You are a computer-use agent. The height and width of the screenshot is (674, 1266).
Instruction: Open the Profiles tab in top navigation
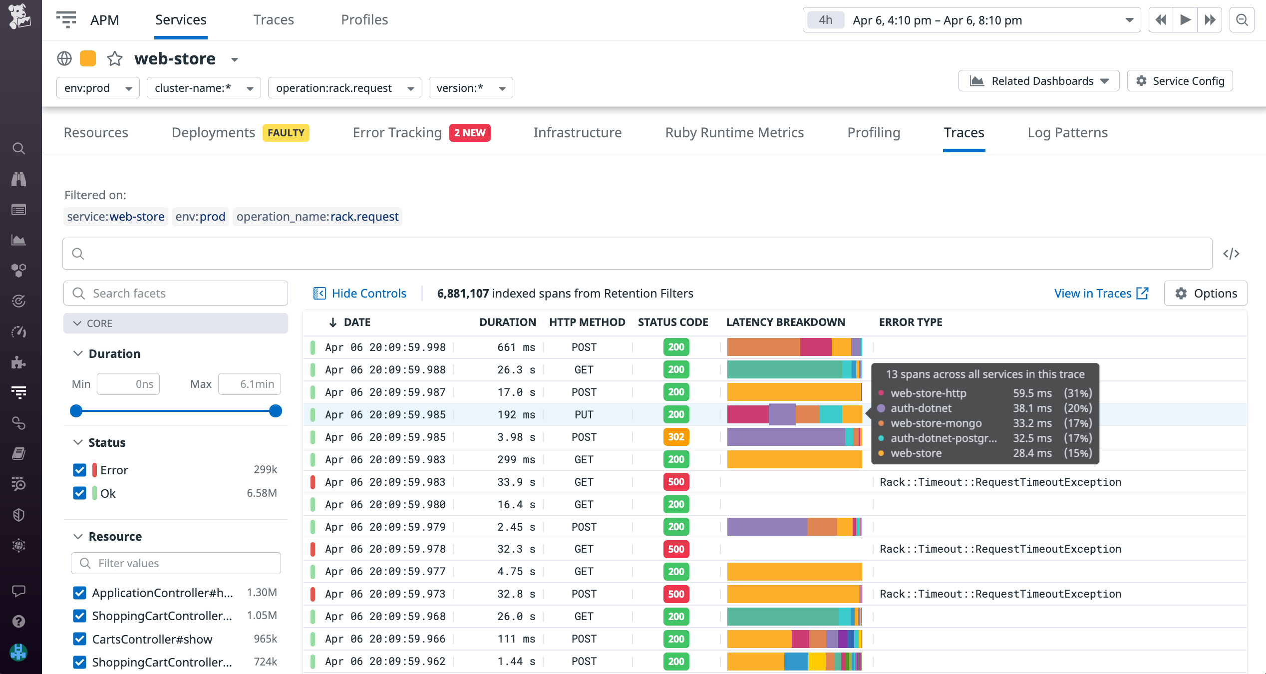[364, 20]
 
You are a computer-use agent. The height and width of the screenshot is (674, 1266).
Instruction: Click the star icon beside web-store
[115, 59]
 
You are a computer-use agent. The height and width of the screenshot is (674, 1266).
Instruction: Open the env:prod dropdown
[97, 88]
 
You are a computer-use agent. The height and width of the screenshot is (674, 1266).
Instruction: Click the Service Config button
[1180, 81]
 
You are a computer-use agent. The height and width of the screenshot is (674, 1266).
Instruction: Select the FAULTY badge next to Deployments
[286, 133]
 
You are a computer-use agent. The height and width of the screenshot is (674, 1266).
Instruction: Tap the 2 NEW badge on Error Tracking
[469, 133]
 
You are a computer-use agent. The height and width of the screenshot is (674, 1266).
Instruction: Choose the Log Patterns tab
[1067, 133]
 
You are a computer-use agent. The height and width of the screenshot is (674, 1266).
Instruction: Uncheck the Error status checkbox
[79, 470]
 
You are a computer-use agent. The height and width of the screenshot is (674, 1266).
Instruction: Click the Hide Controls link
[368, 294]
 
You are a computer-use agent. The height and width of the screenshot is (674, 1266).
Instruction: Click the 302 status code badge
[676, 437]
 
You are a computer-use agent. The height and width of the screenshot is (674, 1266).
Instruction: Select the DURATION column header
[507, 323]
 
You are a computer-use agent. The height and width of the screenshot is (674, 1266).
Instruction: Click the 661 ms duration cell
[516, 347]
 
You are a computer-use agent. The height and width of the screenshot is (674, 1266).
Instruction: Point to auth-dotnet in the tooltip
[921, 408]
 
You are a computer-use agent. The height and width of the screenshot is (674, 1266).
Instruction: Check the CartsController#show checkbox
[79, 639]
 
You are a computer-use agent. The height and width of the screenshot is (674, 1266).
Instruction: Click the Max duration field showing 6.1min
[249, 384]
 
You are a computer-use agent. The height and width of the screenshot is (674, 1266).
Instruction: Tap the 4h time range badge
[825, 20]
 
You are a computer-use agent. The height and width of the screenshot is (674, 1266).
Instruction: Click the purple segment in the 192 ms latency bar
[781, 414]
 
